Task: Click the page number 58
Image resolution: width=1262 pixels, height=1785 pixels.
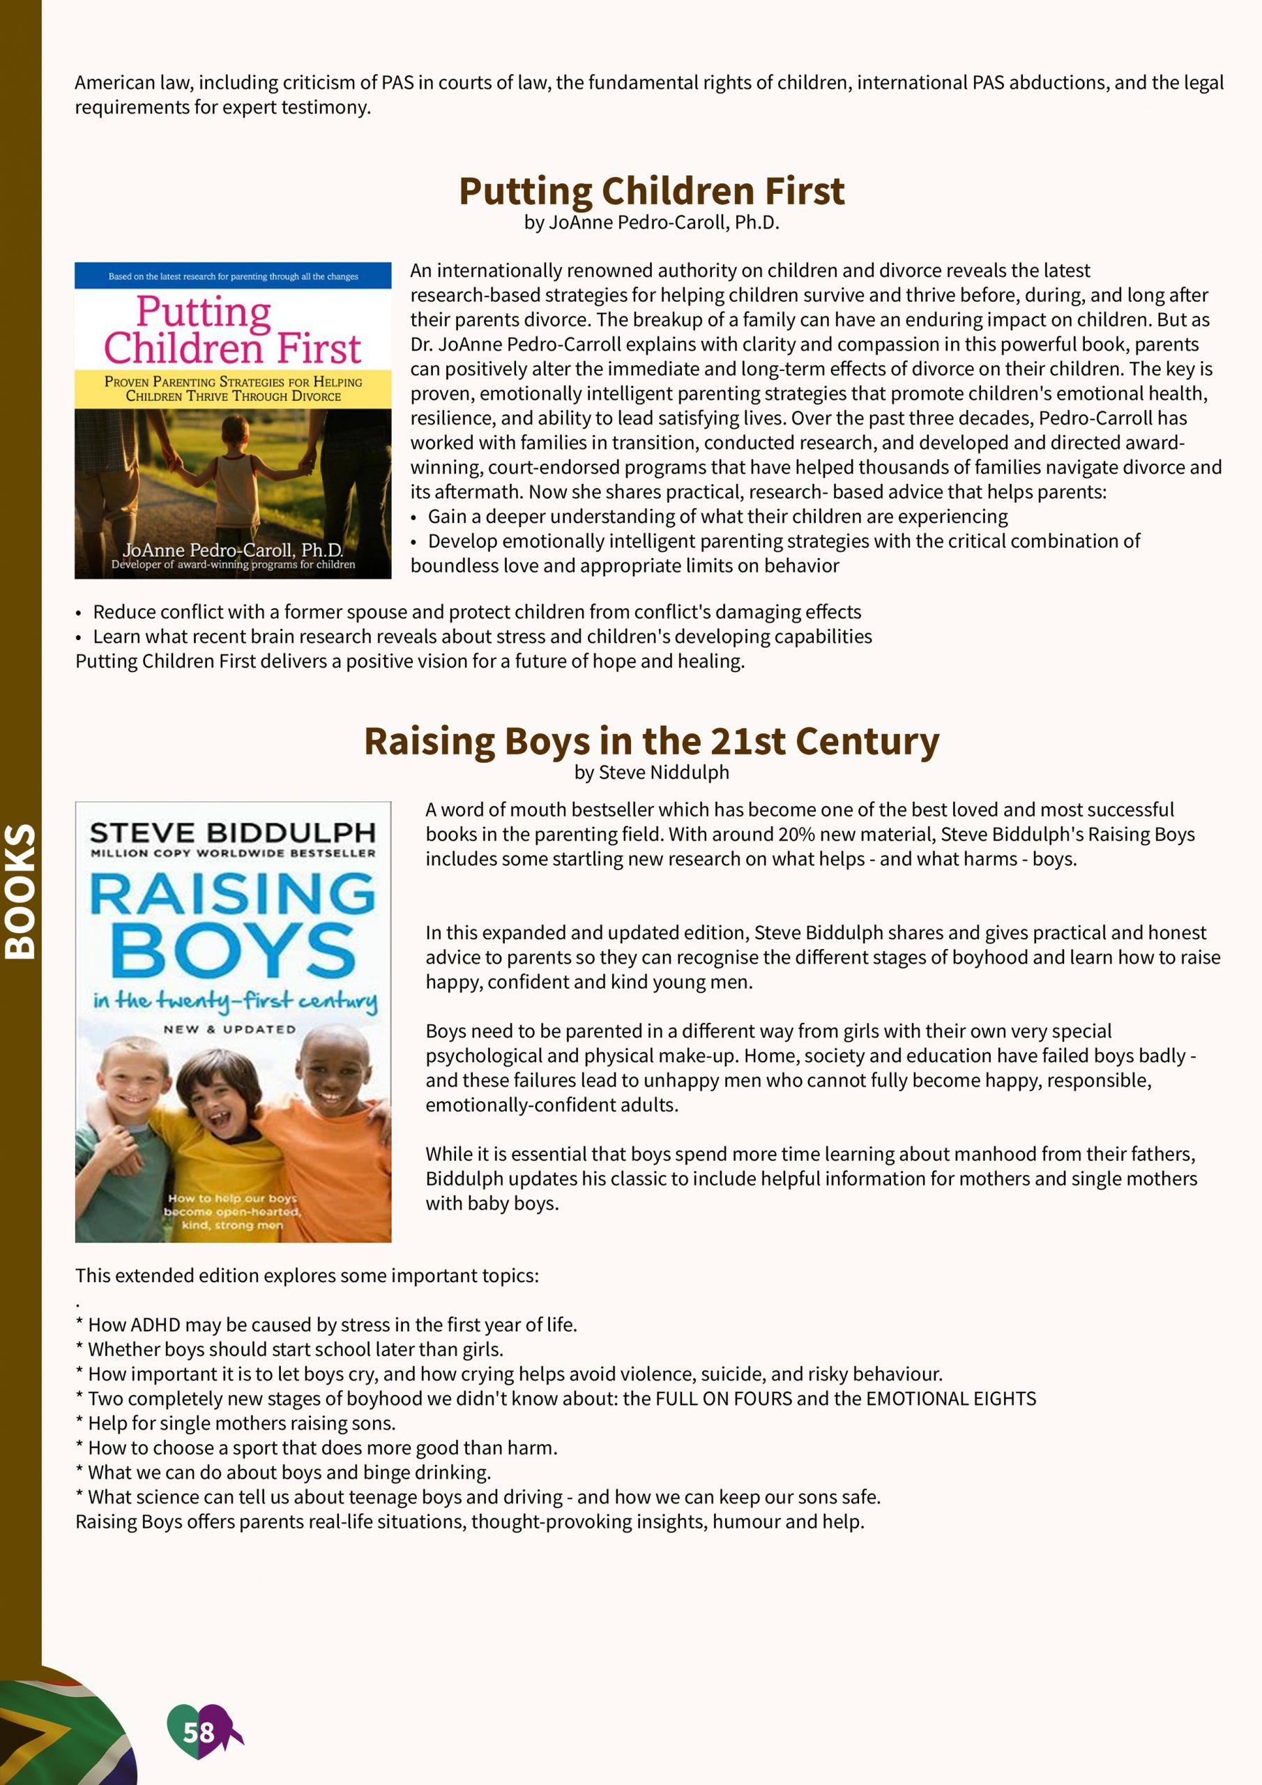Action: [x=198, y=1733]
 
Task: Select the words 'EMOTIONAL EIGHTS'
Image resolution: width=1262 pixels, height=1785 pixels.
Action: [x=950, y=1399]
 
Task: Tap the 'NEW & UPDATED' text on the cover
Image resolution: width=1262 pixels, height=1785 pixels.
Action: [x=229, y=1029]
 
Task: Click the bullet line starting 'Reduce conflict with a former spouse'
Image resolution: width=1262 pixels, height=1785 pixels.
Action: [x=476, y=612]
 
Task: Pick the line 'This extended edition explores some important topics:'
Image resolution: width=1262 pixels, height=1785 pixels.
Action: [x=307, y=1276]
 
